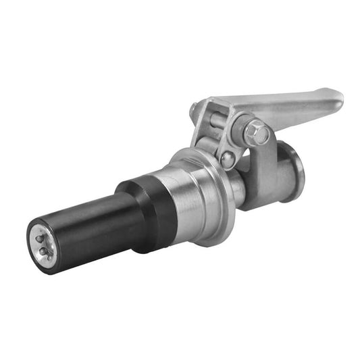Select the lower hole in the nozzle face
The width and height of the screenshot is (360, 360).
click(x=45, y=252)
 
